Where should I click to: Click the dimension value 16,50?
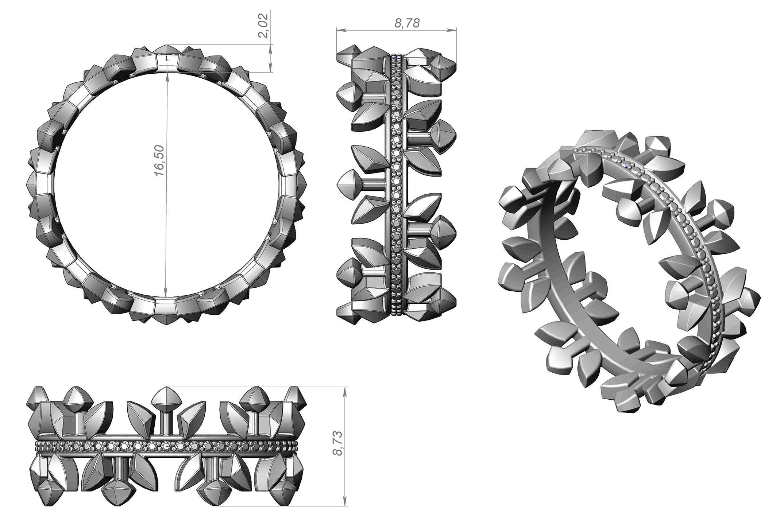click(x=161, y=161)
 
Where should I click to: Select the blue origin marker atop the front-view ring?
click(x=167, y=58)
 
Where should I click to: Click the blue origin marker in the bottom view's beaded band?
click(x=167, y=446)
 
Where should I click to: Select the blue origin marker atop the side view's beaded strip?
click(x=397, y=57)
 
